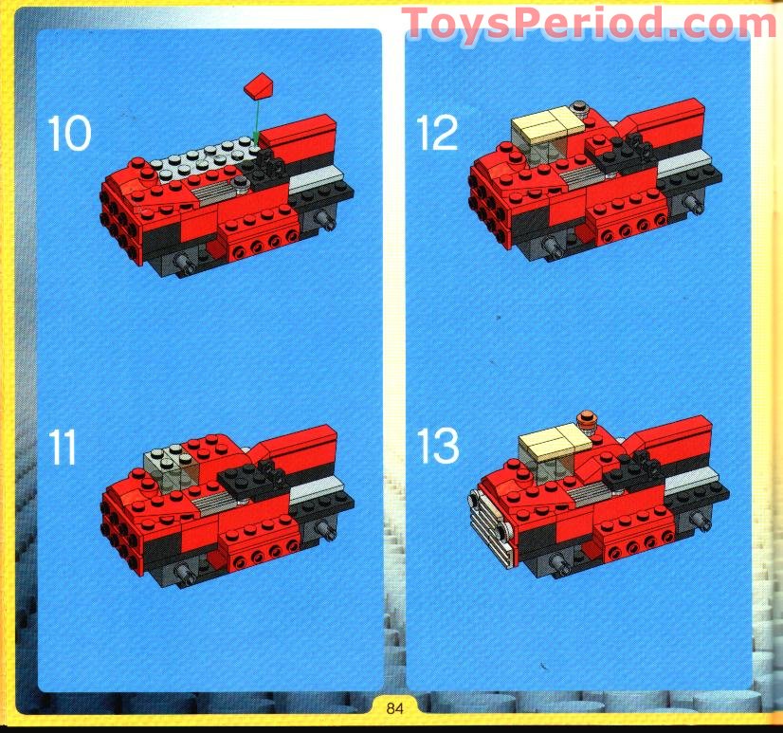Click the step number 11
(64, 447)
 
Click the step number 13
(438, 445)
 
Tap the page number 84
(395, 706)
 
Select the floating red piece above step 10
(261, 88)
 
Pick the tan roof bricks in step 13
(555, 440)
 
